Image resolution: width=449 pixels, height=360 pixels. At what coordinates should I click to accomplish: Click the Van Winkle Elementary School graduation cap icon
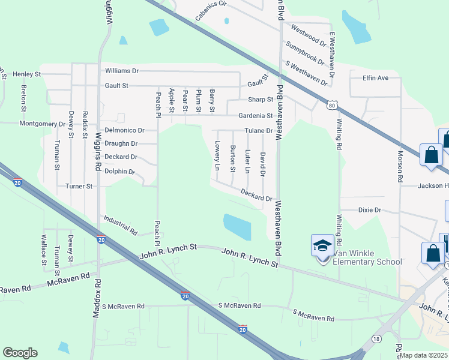point(322,245)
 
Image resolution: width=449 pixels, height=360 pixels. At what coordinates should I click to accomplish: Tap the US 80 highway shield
point(332,106)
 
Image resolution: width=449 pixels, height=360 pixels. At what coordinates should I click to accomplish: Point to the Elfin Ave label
point(375,78)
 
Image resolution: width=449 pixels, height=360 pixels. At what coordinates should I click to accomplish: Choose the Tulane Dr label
point(259,131)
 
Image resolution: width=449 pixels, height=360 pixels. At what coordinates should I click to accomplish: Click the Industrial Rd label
point(121,226)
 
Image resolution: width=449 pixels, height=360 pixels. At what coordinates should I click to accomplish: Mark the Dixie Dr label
point(370,210)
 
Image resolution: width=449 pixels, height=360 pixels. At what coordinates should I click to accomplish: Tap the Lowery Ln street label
point(217,155)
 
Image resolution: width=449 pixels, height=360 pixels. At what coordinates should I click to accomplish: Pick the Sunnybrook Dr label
point(305,53)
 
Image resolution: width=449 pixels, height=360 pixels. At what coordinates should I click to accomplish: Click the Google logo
point(20,353)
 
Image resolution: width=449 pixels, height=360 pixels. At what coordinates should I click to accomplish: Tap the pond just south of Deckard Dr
point(237,226)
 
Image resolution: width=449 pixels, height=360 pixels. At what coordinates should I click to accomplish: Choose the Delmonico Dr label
point(125,130)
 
